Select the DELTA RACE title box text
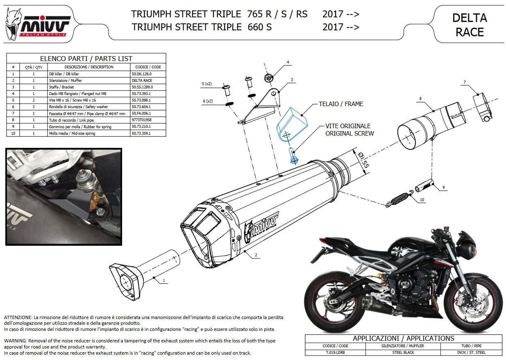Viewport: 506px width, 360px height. click(x=470, y=25)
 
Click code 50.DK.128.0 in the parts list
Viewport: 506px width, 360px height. click(x=142, y=74)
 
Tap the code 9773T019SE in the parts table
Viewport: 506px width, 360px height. click(x=142, y=120)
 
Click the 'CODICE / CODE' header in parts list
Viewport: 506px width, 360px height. click(x=148, y=67)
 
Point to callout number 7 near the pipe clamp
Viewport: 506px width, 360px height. click(x=465, y=83)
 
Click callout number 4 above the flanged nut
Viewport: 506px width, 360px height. click(x=288, y=62)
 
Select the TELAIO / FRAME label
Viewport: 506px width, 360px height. click(x=341, y=104)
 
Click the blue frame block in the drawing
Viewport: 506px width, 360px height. click(x=291, y=122)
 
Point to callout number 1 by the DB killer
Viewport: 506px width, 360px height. click(x=164, y=281)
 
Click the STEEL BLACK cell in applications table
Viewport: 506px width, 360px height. click(x=403, y=352)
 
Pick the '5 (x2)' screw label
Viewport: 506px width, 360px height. click(x=206, y=84)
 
